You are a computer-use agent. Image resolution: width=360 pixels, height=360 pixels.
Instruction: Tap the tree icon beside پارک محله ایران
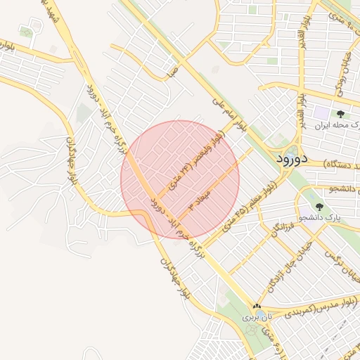point(340,113)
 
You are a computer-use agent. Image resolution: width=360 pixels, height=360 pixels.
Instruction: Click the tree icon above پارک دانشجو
point(319,207)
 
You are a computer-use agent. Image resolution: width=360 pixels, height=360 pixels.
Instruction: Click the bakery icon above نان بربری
point(257,307)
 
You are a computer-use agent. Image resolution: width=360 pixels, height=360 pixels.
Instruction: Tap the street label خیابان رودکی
point(348,75)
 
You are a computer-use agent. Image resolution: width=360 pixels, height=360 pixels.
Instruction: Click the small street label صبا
point(171,72)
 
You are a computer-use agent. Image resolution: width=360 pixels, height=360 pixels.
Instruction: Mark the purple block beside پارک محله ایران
point(321,112)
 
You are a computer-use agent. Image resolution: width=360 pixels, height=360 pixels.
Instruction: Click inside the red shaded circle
point(180,179)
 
